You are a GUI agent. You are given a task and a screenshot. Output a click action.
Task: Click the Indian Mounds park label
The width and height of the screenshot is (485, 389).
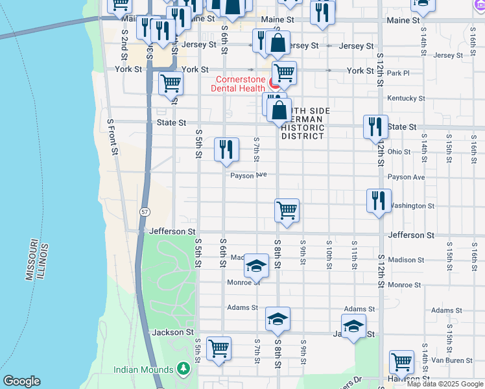coord(143,370)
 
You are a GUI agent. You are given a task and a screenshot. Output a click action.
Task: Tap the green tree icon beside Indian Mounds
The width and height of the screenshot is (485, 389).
coord(183,370)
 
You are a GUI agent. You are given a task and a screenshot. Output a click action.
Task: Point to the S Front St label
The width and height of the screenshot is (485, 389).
coord(113,137)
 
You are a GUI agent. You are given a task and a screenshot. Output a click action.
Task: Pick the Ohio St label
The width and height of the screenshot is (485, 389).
coord(399,152)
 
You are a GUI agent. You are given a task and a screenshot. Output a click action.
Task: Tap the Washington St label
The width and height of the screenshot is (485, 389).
coord(412,206)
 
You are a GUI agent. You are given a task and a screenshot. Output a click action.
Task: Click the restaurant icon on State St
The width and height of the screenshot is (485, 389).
coord(375,126)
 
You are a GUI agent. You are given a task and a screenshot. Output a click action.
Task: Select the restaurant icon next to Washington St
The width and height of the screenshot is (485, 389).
coord(379,200)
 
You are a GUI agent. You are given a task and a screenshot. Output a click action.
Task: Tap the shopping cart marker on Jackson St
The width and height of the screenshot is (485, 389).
coord(219,348)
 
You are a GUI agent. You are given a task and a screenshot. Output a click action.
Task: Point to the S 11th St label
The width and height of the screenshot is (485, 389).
coord(354,255)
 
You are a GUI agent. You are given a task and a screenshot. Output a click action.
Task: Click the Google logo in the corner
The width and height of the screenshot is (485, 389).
coord(21,381)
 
